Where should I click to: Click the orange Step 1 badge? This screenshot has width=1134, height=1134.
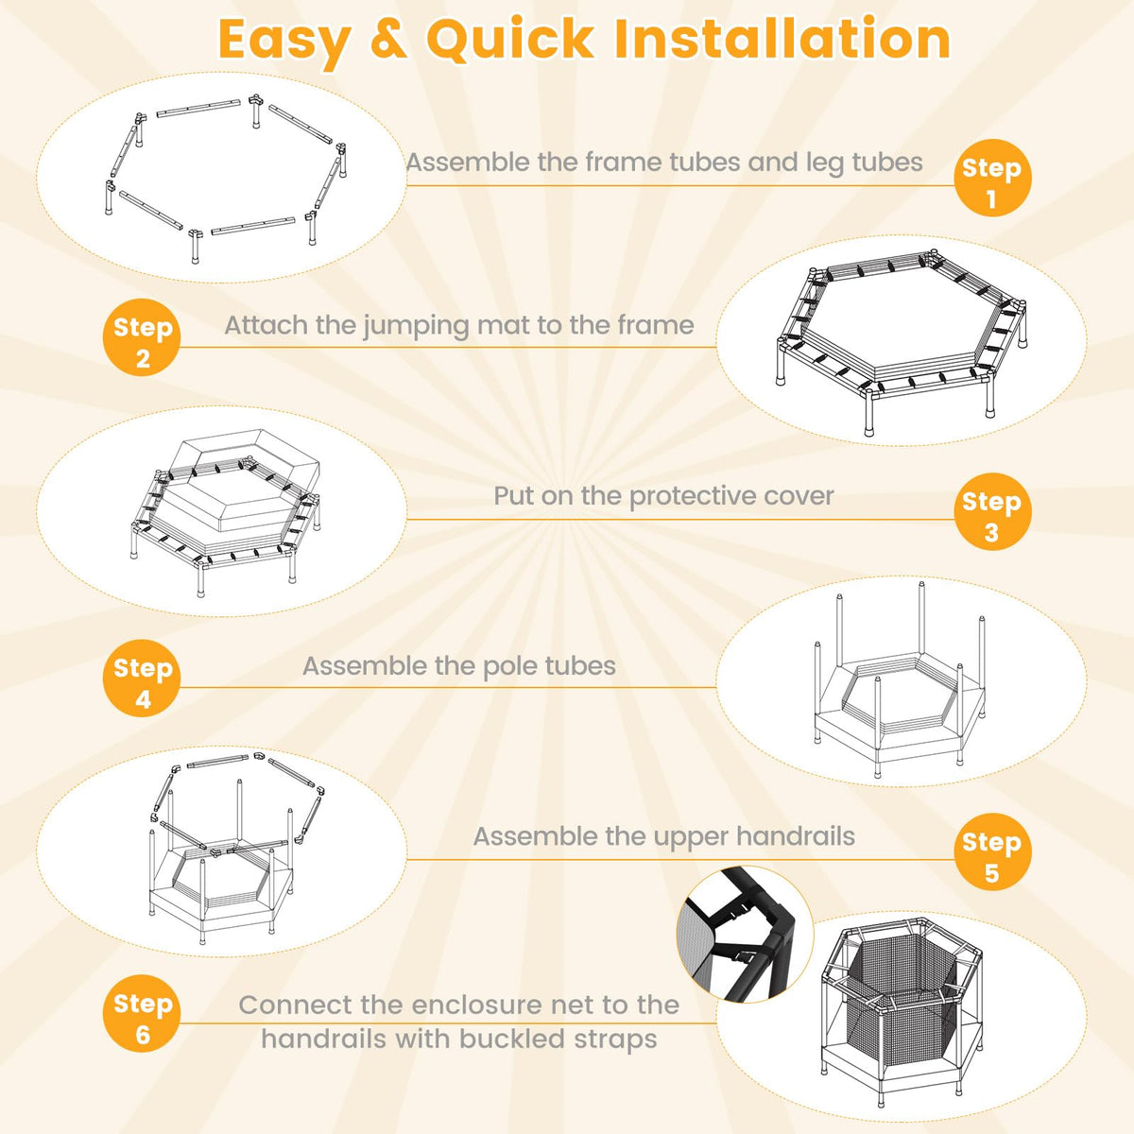pos(992,178)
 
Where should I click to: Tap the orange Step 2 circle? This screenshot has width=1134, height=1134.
pos(142,337)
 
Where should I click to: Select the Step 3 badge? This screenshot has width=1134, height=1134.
pos(992,511)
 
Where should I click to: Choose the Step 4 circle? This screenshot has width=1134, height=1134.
pos(142,678)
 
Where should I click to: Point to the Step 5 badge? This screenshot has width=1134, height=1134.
pos(992,852)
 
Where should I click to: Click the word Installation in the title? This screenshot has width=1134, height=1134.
pos(782,40)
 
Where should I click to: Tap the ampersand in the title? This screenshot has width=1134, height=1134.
pos(389,40)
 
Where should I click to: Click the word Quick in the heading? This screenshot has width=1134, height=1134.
pos(509,40)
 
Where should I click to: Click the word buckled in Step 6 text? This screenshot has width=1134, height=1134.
pos(511,1039)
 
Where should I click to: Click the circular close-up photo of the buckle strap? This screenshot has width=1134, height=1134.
pos(745,935)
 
